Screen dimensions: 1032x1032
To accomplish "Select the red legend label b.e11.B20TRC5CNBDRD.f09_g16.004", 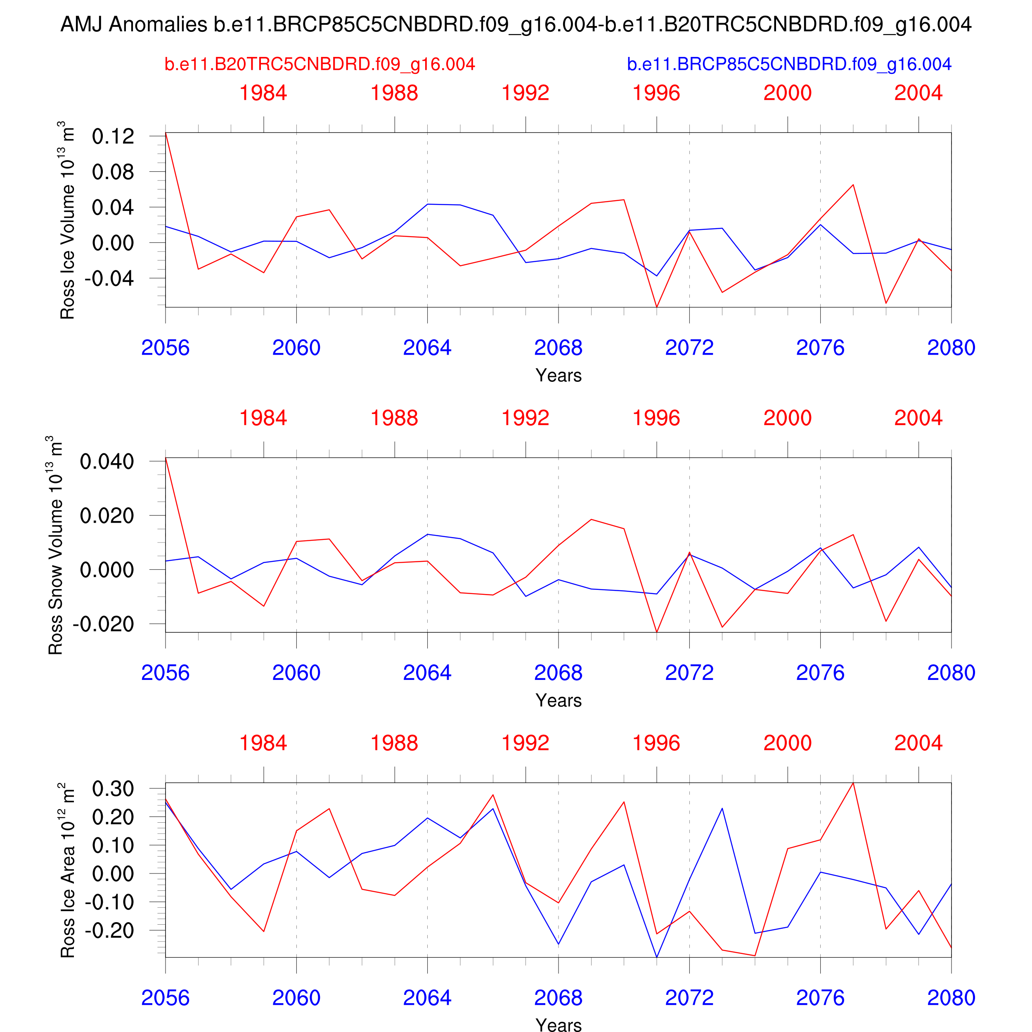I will coord(320,64).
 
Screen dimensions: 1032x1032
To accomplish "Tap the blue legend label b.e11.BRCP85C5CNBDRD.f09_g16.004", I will coord(789,64).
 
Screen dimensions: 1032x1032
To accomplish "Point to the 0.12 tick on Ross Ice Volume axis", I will coord(113,136).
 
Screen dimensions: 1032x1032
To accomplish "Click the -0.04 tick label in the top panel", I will coord(109,278).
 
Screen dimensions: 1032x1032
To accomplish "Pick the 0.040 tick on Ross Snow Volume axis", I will coord(107,462).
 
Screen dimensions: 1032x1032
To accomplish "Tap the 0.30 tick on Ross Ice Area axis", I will coord(113,788).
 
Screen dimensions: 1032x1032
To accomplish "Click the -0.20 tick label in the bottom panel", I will coord(109,930).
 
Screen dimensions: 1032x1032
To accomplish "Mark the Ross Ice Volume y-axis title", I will coord(67,220).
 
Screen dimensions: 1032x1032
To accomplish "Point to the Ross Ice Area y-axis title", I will coord(67,870).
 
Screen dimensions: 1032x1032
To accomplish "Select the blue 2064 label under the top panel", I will coord(427,348).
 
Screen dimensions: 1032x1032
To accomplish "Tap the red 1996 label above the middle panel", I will coord(656,418).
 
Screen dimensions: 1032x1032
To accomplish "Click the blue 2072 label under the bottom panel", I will coord(689,998).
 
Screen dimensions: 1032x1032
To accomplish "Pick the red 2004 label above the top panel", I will coord(918,93).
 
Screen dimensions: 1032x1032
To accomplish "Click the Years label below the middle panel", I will coord(558,700).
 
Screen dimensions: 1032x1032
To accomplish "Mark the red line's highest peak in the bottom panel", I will coord(853,783).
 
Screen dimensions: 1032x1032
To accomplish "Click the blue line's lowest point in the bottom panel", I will coord(656,957).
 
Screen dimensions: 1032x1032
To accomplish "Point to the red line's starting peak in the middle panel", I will coord(166,458).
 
